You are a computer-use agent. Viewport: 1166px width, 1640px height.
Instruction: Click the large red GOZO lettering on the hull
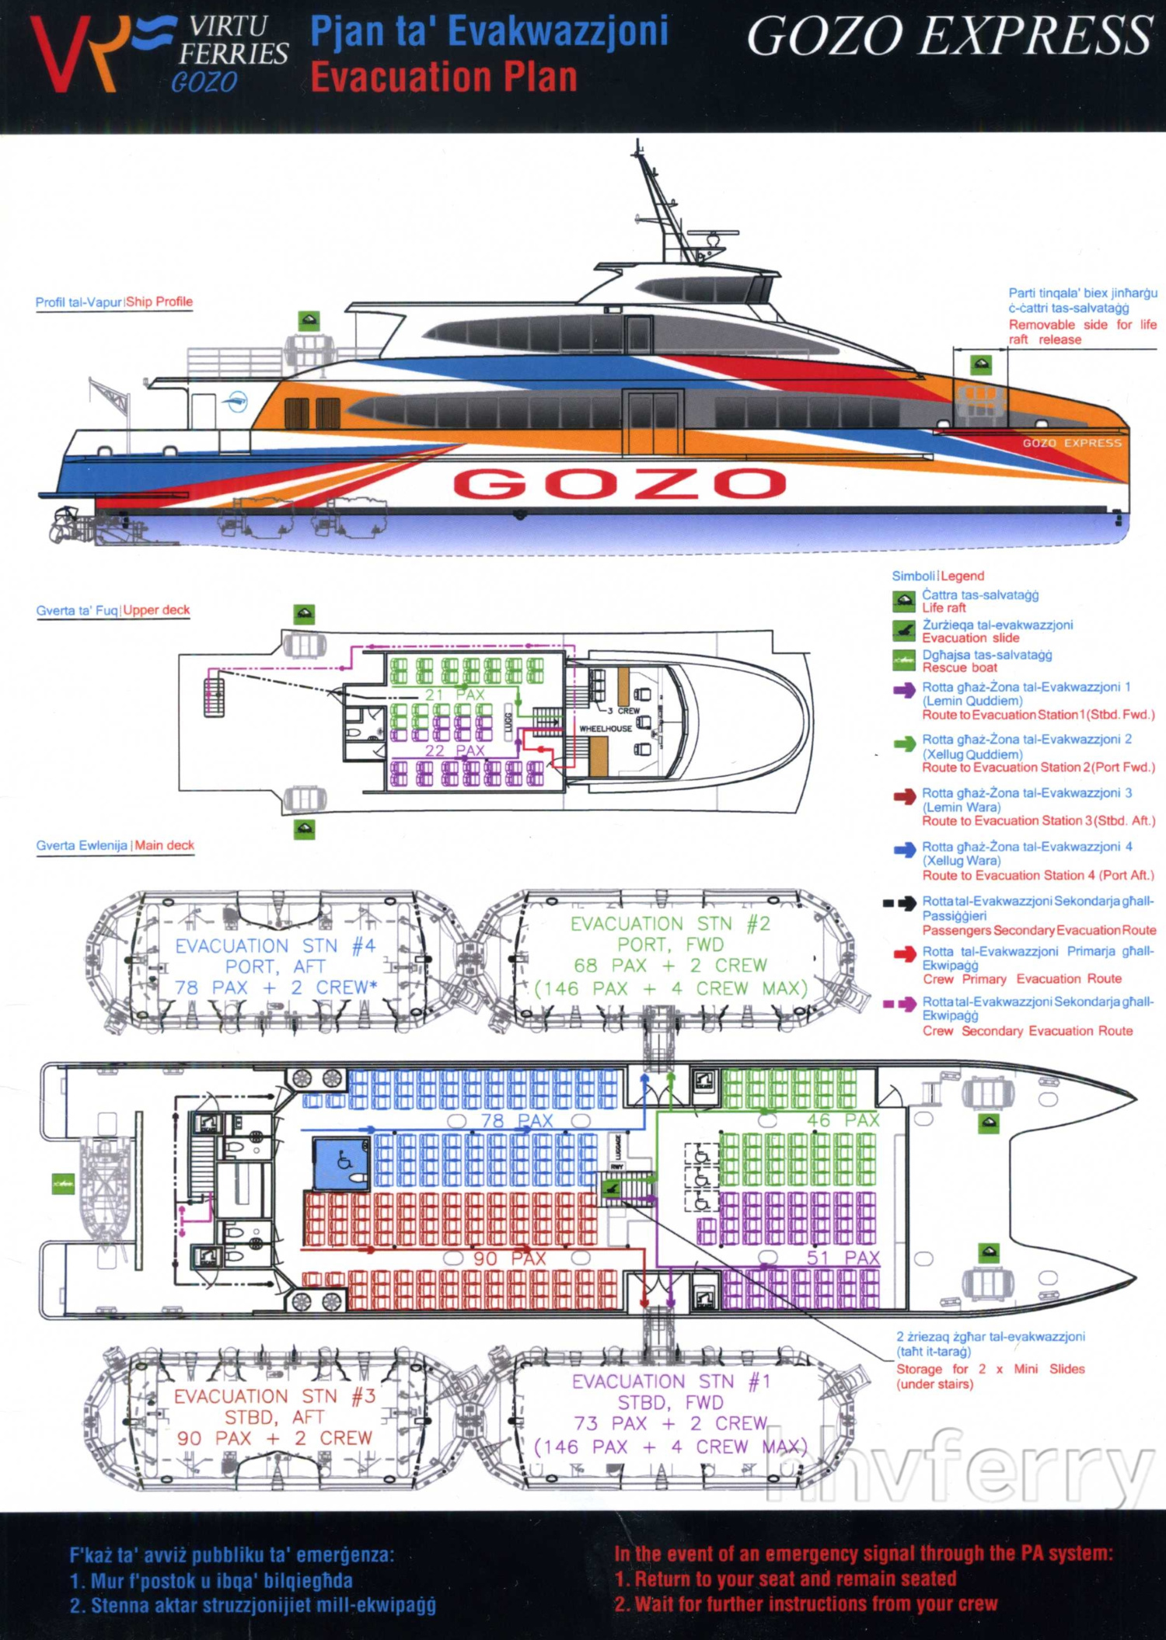tap(620, 483)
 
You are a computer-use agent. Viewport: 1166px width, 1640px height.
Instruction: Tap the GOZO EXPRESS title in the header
tap(949, 36)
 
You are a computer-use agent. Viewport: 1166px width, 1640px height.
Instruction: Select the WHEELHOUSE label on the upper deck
tap(605, 729)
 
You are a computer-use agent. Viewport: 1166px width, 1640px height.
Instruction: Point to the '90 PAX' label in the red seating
tap(510, 1258)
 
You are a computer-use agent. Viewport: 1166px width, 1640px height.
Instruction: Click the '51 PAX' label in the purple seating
tap(843, 1258)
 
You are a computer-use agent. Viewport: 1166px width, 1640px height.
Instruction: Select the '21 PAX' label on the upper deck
tap(455, 695)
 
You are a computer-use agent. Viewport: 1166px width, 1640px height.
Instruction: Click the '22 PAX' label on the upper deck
tap(455, 750)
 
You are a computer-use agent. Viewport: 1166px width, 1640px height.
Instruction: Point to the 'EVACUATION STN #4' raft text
tap(275, 945)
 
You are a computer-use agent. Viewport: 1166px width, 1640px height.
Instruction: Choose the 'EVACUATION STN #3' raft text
tap(274, 1396)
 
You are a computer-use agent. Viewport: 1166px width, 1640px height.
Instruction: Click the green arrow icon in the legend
tap(904, 743)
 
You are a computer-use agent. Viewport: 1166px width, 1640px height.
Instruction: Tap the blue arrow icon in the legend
tap(904, 851)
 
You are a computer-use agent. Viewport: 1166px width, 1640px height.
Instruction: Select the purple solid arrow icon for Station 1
tap(904, 690)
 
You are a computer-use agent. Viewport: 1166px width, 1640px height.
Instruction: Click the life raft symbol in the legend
tap(903, 601)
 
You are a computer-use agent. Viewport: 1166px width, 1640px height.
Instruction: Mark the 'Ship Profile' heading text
tap(159, 301)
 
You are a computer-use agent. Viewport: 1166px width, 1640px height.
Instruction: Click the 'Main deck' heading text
tap(164, 845)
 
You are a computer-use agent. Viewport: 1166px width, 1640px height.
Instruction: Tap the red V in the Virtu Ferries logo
tap(58, 54)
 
